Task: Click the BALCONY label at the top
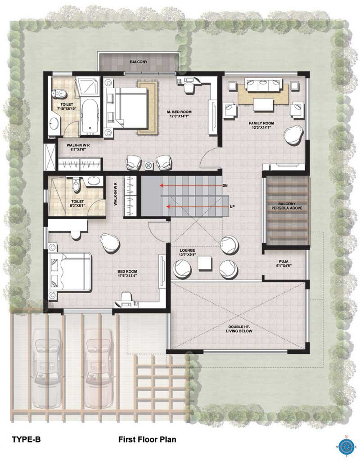click(138, 62)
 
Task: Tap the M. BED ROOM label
click(179, 112)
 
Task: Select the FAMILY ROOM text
click(261, 123)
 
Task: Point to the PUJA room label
click(283, 262)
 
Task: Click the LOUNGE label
click(187, 250)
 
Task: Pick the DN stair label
click(225, 186)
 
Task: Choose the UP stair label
click(232, 206)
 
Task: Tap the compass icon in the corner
click(346, 446)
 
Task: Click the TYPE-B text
click(26, 439)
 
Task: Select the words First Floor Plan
click(147, 439)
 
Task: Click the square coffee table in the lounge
click(205, 263)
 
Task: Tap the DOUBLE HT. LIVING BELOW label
click(239, 329)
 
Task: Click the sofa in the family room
click(263, 85)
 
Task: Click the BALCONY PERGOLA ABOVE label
click(287, 206)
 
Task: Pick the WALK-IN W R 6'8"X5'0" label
click(78, 147)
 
